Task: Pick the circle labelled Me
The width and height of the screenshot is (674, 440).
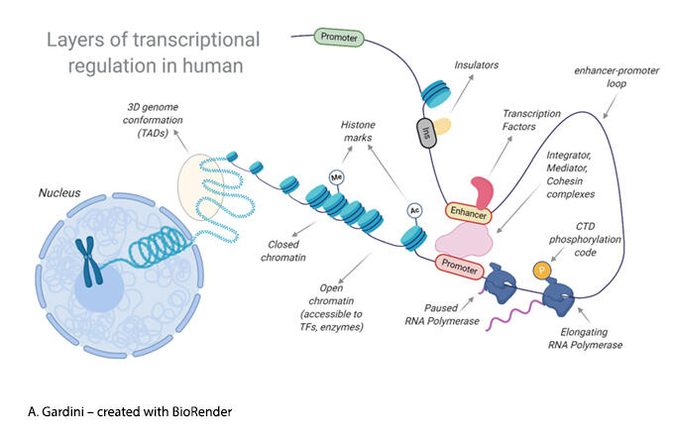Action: (336, 177)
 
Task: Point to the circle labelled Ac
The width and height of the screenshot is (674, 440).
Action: (414, 211)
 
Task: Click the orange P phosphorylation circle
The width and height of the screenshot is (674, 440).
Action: (541, 269)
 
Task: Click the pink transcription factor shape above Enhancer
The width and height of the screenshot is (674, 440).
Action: (482, 191)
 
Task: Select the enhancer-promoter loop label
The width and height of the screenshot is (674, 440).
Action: (609, 78)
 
